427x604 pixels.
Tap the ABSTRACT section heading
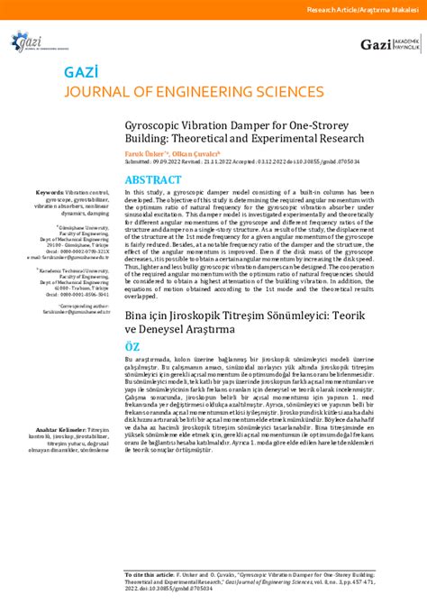coord(159,179)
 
